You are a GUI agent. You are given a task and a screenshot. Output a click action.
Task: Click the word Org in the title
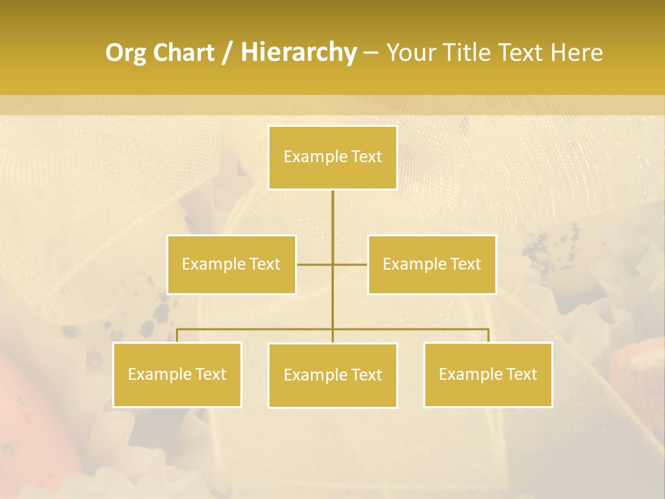[125, 53]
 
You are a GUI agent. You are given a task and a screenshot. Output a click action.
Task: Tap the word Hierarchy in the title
[299, 53]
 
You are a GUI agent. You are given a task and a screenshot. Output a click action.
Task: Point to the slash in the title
[228, 53]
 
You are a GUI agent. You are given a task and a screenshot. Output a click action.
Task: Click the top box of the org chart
[332, 157]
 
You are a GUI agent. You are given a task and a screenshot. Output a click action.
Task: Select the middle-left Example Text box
[231, 264]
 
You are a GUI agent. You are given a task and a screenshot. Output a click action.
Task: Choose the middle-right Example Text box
[432, 264]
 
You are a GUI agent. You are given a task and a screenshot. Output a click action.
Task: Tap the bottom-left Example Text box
[177, 374]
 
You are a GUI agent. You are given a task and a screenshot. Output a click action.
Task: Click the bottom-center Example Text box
[332, 375]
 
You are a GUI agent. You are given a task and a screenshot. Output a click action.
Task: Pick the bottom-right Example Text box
[488, 374]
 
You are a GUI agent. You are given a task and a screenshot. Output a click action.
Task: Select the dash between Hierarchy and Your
[371, 53]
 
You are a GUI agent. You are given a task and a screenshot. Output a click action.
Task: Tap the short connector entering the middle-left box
[313, 264]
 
